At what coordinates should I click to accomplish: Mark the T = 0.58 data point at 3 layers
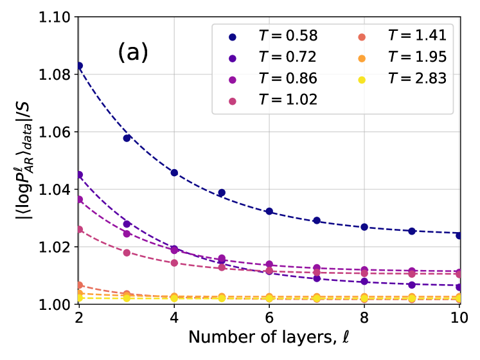tap(127, 138)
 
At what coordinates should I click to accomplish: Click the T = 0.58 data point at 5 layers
tap(222, 192)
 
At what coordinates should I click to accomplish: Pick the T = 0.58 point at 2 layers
tap(79, 66)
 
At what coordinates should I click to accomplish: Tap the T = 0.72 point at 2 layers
tap(79, 174)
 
